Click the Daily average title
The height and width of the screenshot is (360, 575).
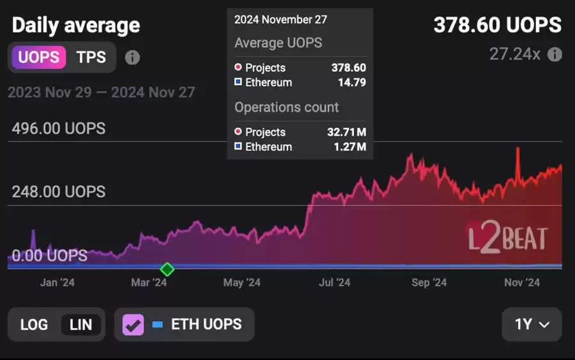tap(75, 26)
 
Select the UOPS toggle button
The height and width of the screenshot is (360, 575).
tap(39, 57)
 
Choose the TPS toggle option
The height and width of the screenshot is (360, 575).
tap(91, 57)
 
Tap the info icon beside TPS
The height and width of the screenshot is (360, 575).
tap(132, 58)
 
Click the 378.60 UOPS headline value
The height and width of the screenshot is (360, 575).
tap(497, 25)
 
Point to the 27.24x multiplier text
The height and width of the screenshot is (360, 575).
tap(514, 54)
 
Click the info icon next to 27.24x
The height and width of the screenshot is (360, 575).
tap(555, 54)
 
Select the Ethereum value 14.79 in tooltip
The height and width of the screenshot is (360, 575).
tap(352, 82)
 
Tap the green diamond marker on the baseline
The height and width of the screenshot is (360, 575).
tap(167, 269)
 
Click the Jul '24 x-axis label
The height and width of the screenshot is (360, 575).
tap(334, 283)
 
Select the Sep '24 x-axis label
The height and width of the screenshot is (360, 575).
tap(429, 283)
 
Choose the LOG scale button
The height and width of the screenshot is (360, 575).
tap(34, 324)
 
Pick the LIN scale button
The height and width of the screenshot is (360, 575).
tap(80, 324)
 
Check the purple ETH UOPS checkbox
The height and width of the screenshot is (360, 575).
tap(134, 324)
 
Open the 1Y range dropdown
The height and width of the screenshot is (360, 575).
tap(532, 324)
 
